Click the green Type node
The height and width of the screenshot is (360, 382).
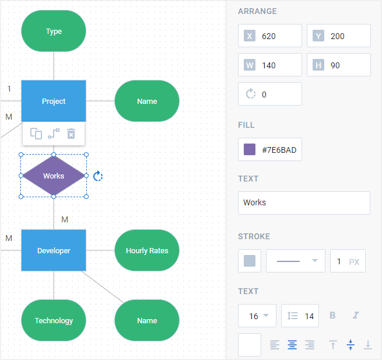coord(54,32)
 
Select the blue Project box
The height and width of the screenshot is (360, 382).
coord(54,101)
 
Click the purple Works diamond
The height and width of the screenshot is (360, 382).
coord(54,176)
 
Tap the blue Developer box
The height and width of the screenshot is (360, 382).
coord(54,250)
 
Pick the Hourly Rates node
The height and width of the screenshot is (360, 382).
coord(147,250)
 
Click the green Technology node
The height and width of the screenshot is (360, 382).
coord(54,320)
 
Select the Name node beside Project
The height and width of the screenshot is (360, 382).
coord(147,101)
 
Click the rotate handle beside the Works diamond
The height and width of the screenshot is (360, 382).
coord(98,176)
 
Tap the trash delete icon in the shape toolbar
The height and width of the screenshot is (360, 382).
coord(71,134)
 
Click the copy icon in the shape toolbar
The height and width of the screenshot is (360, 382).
coord(36,134)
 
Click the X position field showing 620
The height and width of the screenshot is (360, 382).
coord(279,36)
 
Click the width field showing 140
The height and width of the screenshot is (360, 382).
coord(279,65)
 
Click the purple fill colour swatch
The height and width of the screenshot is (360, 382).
coord(250,150)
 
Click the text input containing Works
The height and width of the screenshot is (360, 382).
coord(304,202)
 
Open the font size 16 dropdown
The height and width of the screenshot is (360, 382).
coord(257,316)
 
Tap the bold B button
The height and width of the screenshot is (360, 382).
coord(333,316)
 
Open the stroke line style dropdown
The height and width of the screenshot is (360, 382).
coord(296,261)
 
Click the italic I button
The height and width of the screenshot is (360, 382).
coord(355,316)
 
